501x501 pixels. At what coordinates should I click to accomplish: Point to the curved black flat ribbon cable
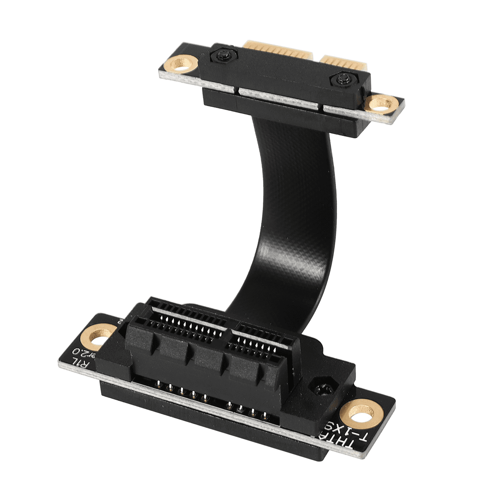pyautogui.click(x=288, y=217)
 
